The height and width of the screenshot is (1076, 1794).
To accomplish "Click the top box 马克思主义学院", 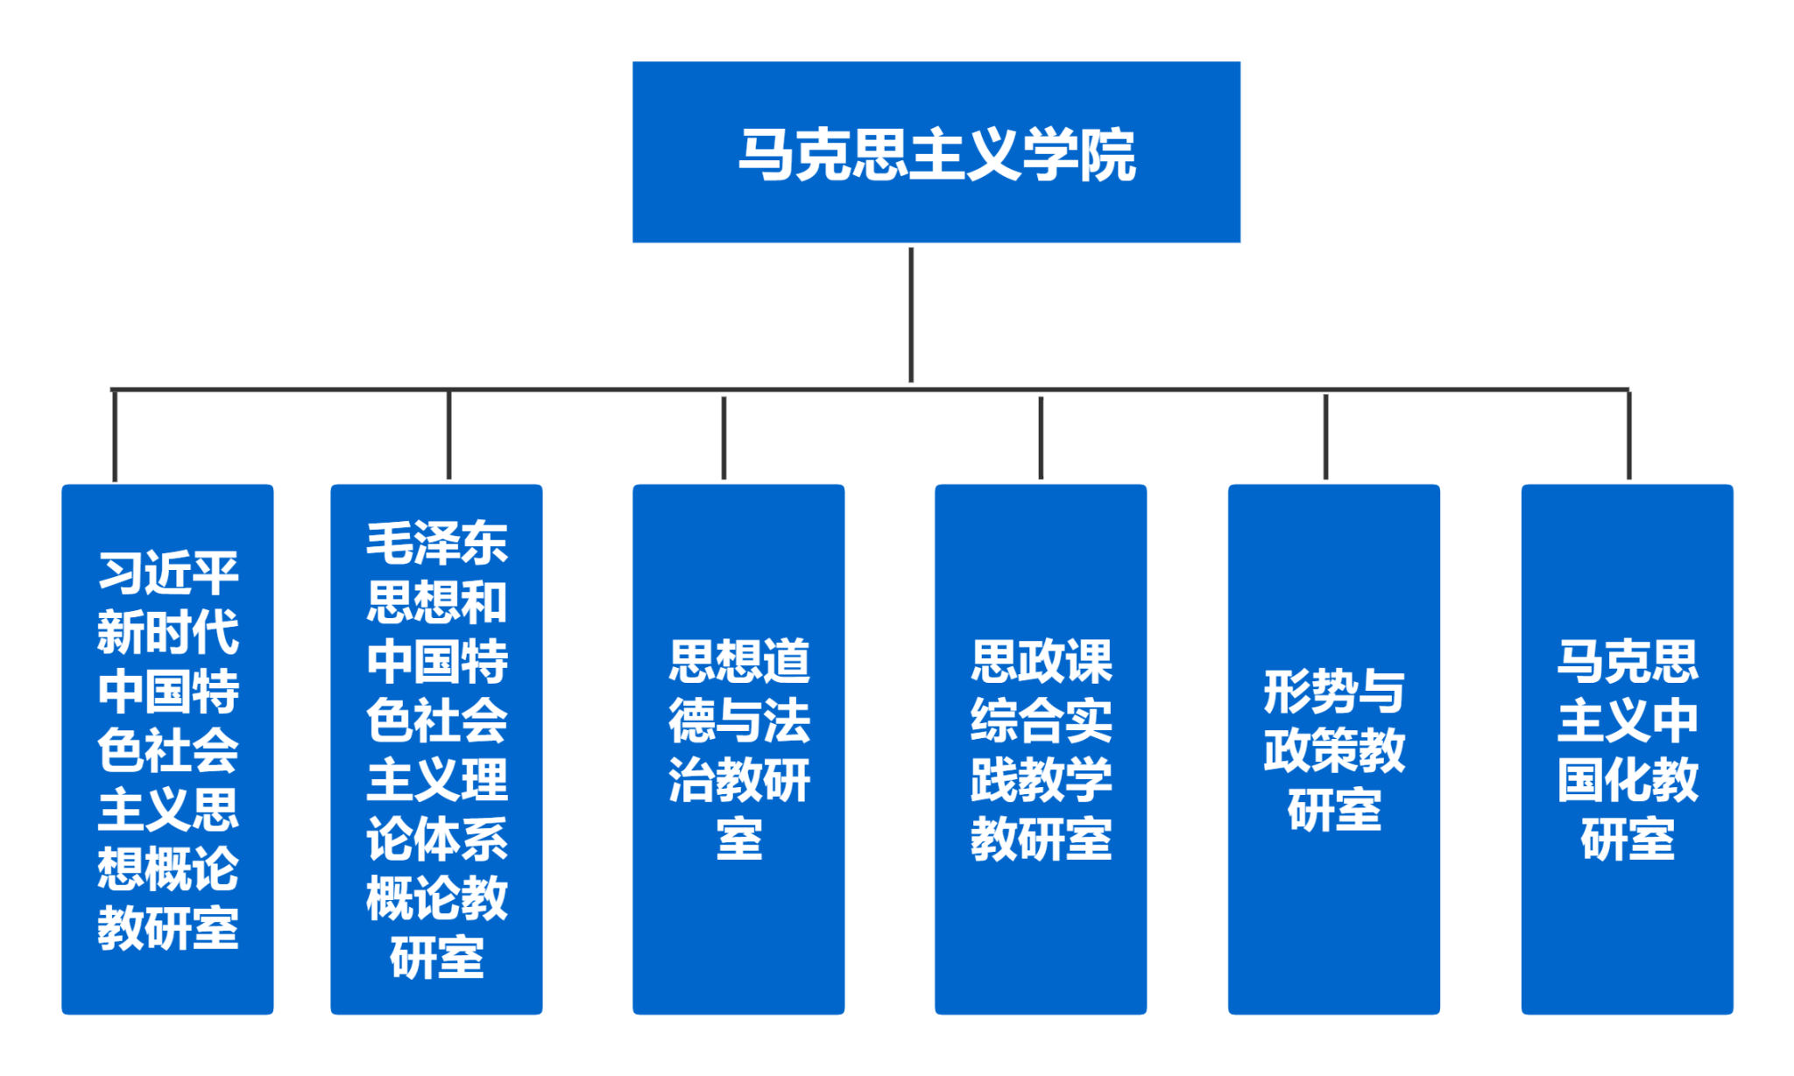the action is click(x=936, y=151).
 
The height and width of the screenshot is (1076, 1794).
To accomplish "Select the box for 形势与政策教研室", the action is click(x=1333, y=749).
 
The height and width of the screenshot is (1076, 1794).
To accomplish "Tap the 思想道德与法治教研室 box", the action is click(x=738, y=749).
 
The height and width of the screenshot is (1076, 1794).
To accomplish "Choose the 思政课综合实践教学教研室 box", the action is click(x=1041, y=749).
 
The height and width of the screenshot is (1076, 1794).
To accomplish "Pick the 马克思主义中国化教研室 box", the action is click(x=1627, y=749).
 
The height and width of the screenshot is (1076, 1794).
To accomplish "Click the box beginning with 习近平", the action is click(x=167, y=749).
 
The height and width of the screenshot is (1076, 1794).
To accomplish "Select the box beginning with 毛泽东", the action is click(x=436, y=749).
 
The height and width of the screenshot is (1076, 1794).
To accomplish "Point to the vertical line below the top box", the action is click(x=911, y=315).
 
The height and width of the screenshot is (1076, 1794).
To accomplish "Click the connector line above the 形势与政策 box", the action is click(x=1325, y=437).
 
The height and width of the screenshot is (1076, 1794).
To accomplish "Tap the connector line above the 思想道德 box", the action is click(x=724, y=438).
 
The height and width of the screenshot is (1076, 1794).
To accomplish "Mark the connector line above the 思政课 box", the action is click(x=1041, y=438).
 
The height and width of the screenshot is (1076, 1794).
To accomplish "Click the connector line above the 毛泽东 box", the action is click(x=448, y=434).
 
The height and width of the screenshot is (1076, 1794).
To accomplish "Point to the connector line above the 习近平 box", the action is click(x=115, y=435).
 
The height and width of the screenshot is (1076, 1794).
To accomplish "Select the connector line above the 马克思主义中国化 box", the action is click(x=1628, y=435).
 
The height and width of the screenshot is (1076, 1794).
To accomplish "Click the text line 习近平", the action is click(x=168, y=573).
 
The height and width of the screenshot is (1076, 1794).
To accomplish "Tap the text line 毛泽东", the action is click(x=437, y=543).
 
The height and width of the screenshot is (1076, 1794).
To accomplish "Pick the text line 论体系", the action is click(x=437, y=839).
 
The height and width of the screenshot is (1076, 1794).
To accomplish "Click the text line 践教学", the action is click(x=1041, y=779).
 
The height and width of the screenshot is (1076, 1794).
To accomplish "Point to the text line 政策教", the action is click(x=1334, y=750).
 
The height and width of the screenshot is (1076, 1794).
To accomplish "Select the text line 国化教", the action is click(x=1628, y=779).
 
